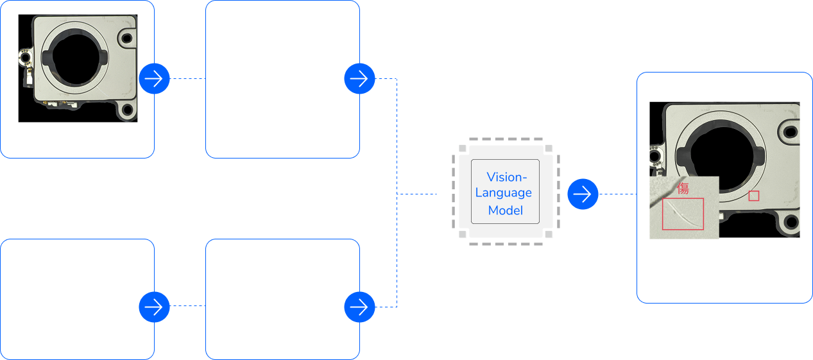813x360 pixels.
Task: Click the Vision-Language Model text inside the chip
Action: pos(505,193)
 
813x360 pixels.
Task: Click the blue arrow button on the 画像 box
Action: pos(154,79)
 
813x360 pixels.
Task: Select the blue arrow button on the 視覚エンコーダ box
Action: pos(360,79)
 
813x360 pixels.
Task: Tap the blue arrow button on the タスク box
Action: pos(154,307)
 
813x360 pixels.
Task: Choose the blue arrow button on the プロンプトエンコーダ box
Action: pos(360,307)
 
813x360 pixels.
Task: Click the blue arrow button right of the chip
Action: pos(583,194)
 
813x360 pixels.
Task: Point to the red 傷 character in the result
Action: pos(683,189)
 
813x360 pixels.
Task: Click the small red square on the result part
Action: pos(754,196)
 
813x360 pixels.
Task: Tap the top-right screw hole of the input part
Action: pos(127,37)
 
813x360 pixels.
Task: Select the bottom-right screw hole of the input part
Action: pos(127,110)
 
